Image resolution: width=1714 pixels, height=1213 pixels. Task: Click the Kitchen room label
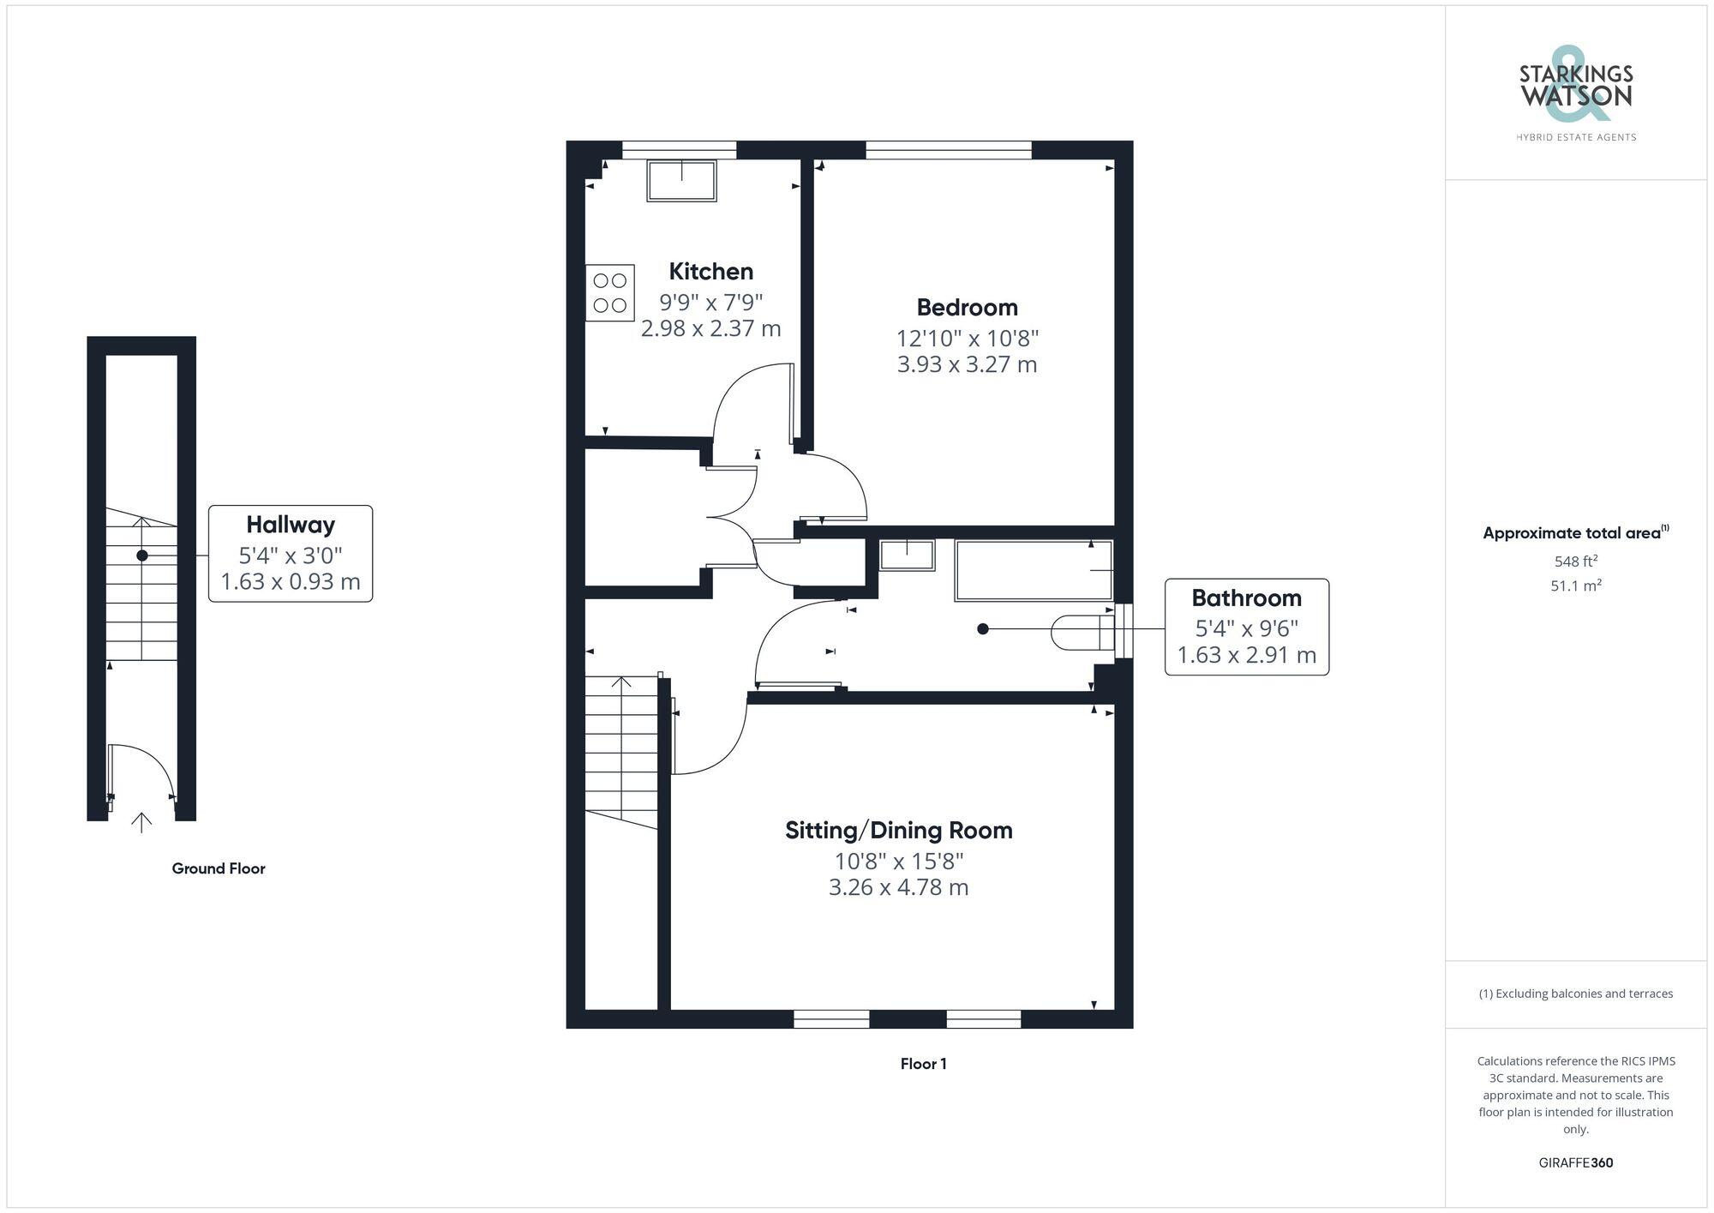coord(710,272)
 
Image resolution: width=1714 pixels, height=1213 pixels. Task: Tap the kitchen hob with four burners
coord(610,293)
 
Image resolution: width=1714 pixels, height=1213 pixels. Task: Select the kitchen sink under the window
coord(681,181)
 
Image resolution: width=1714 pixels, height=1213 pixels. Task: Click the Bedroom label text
coord(967,308)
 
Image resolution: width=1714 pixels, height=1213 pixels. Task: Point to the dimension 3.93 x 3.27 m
coord(967,364)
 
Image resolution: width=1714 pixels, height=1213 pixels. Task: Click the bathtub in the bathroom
coord(1034,570)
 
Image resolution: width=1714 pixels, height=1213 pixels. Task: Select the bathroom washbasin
coord(907,555)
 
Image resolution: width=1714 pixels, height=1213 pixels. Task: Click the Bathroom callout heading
coord(1246,598)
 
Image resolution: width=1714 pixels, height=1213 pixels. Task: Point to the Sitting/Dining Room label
coord(898,831)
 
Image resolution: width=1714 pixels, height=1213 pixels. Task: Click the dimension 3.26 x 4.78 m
coord(898,887)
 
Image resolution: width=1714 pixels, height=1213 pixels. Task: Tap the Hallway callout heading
coord(291,525)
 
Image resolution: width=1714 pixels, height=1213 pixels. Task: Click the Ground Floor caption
coord(219,868)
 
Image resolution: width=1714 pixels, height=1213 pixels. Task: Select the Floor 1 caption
coord(923,1064)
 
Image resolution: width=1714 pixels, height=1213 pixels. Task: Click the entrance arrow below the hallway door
coord(141,822)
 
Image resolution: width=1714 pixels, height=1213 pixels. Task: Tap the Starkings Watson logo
coord(1575,94)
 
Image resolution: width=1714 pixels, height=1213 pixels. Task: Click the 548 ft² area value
coord(1575,561)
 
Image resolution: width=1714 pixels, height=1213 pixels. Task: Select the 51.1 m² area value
coord(1575,586)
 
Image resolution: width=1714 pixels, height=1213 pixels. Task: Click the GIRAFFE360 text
coord(1575,1163)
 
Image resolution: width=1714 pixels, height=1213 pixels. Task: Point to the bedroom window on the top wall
coord(948,150)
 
